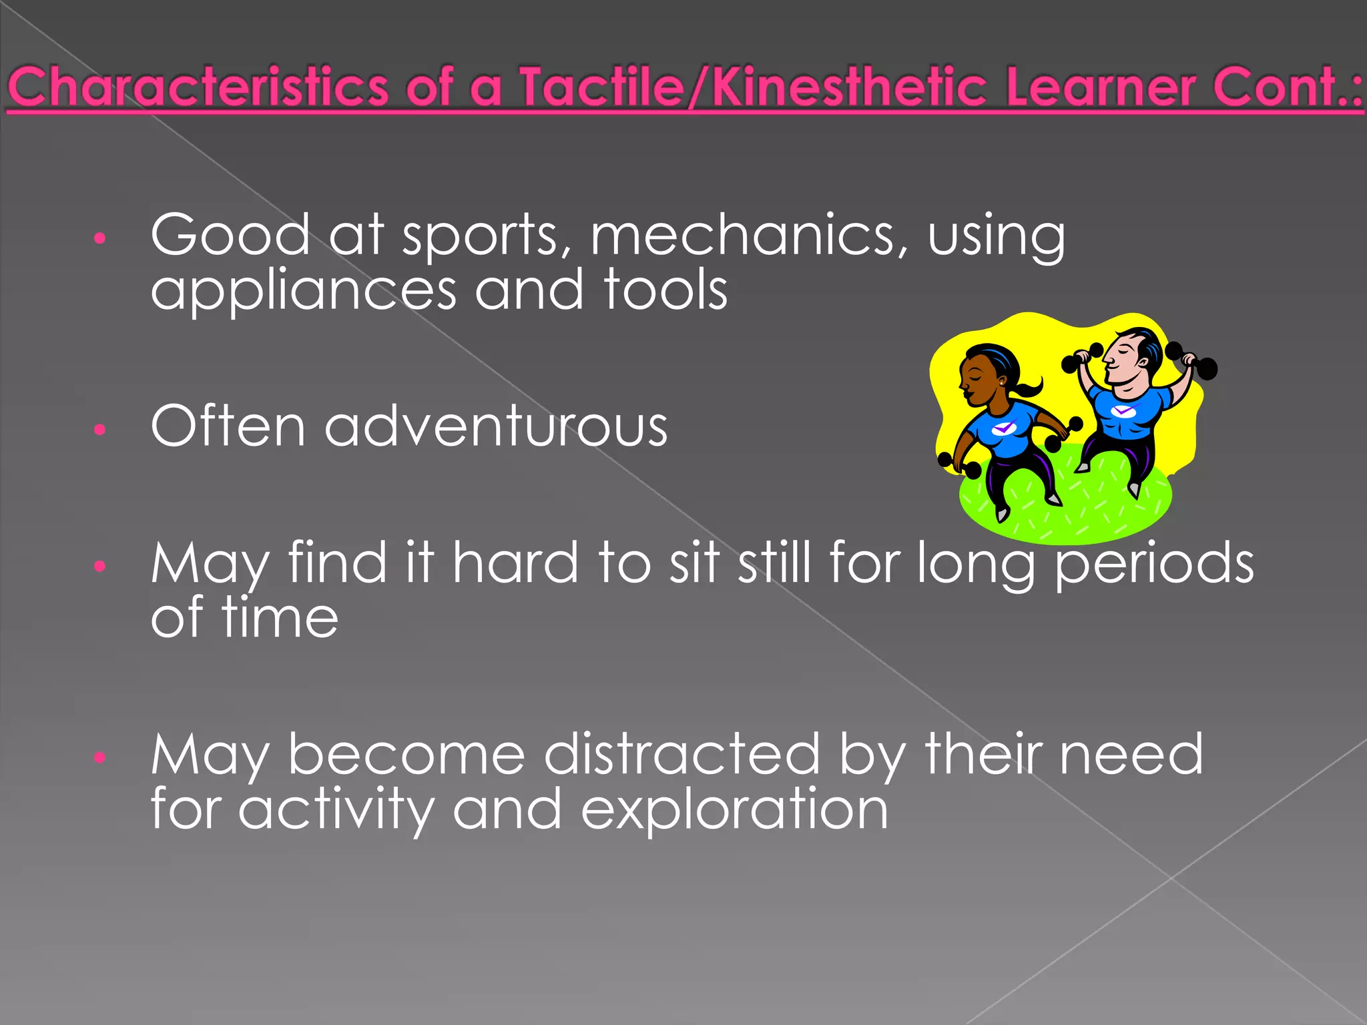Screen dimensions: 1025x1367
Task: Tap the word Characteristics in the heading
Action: point(198,88)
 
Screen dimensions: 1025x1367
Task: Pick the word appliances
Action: point(304,291)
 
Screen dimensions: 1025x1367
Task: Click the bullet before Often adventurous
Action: point(100,429)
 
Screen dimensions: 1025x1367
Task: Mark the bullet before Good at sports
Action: point(100,238)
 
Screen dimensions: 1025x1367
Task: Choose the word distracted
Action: point(682,754)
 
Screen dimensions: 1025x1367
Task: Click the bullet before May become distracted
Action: point(100,757)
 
